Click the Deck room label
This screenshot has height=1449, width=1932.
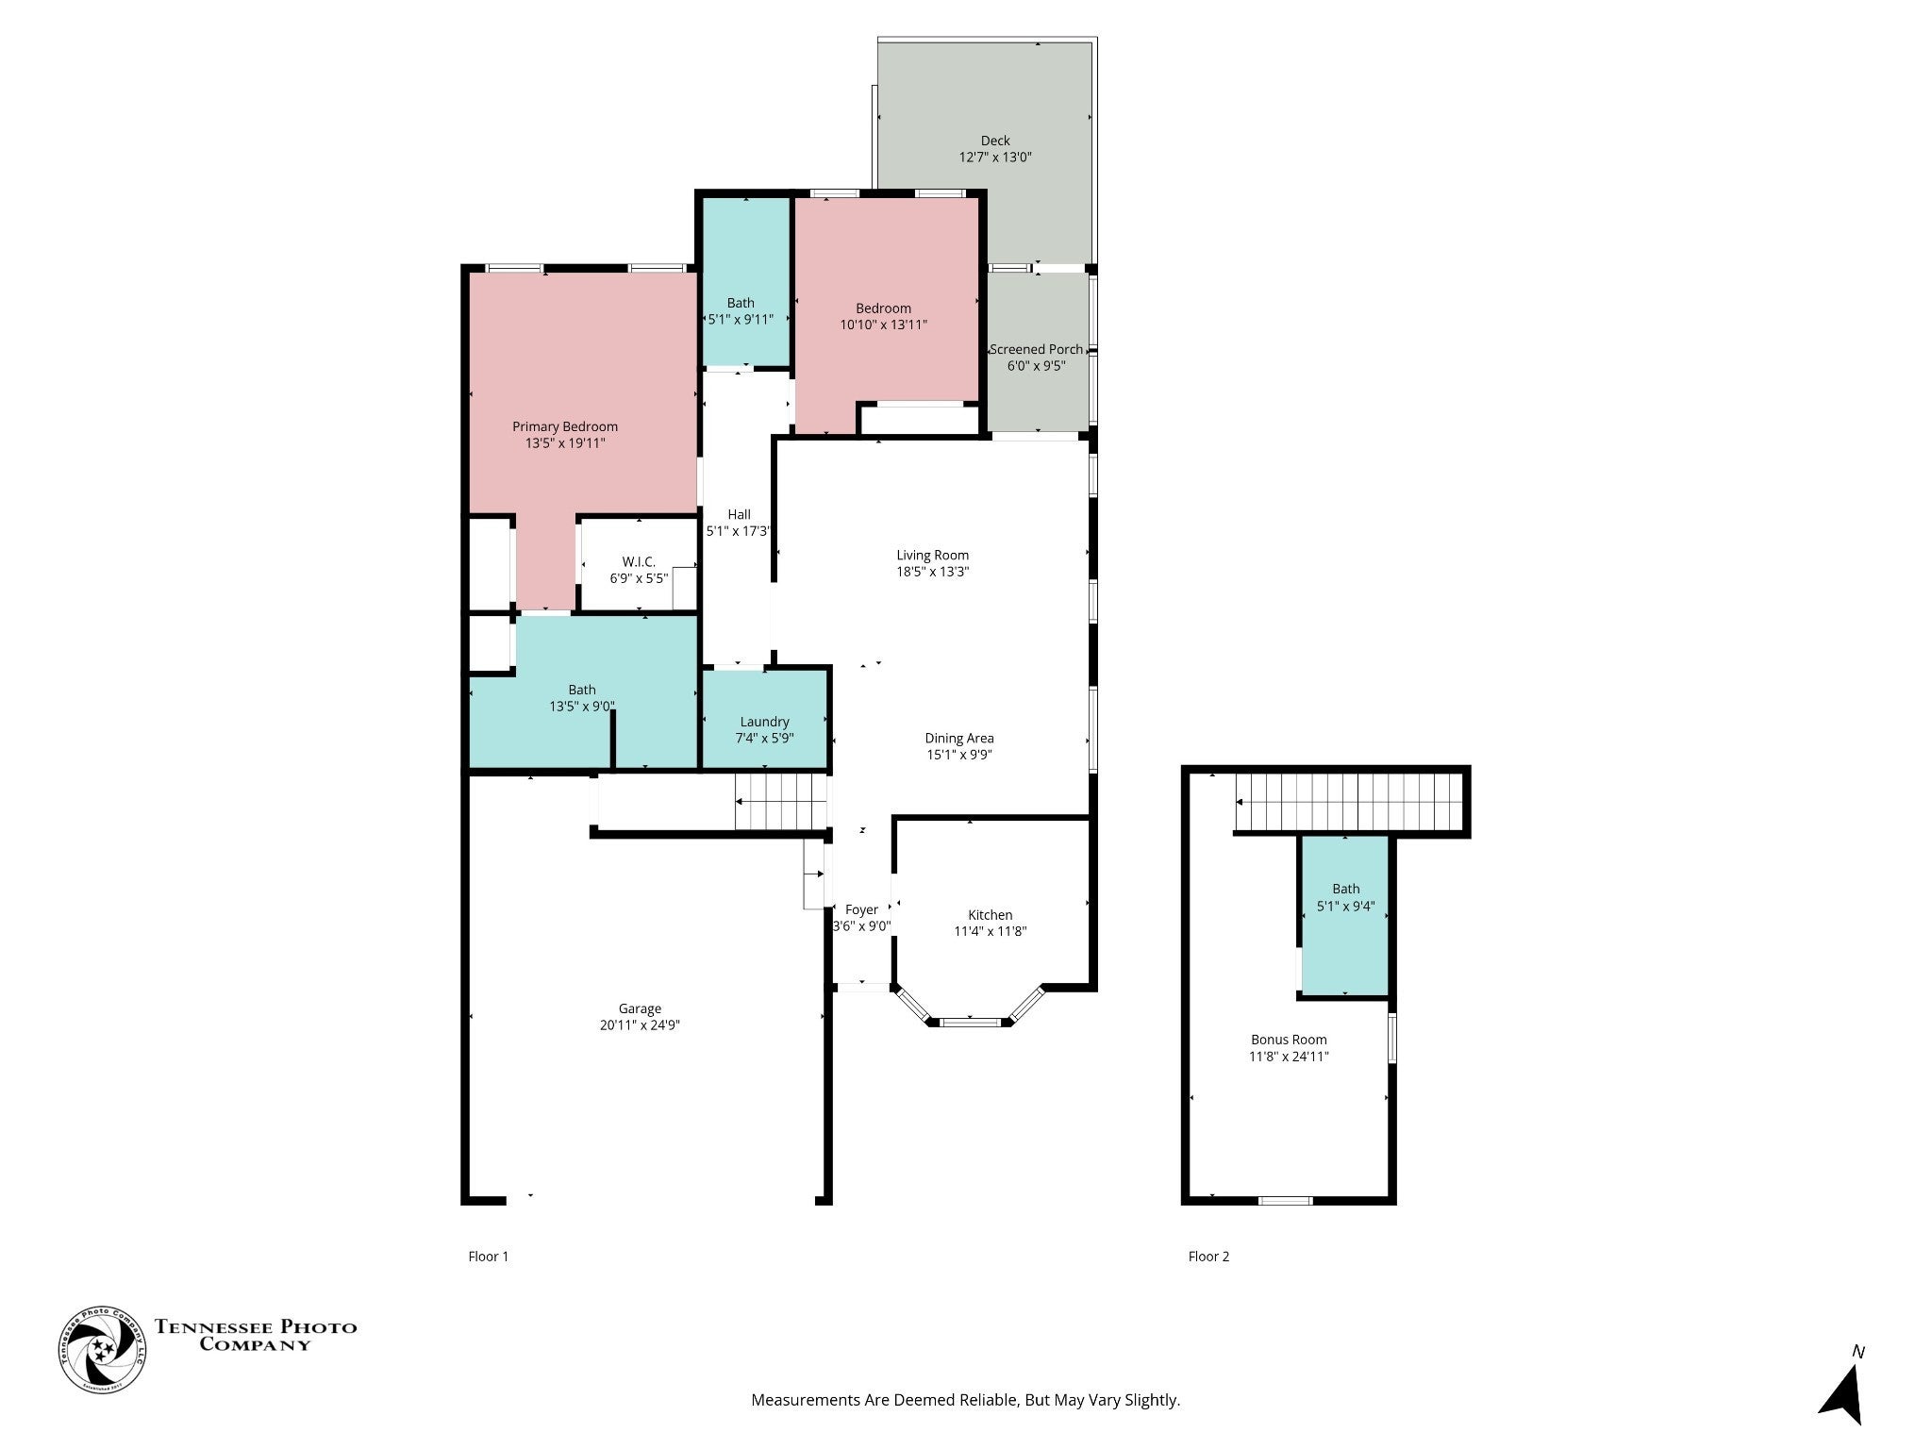(995, 141)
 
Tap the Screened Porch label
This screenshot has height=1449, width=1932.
(1036, 349)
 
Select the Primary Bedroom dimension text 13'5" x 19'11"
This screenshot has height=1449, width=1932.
(565, 442)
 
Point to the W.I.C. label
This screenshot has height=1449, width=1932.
(639, 561)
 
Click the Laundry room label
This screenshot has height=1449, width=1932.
(764, 722)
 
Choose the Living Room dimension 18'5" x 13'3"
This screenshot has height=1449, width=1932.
(933, 571)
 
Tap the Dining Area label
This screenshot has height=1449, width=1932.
(959, 738)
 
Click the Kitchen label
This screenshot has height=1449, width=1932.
(991, 914)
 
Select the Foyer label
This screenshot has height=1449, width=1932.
(861, 909)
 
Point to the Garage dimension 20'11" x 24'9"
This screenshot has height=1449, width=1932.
(640, 1025)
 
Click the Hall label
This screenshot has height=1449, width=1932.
(740, 514)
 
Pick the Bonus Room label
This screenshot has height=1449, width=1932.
(1289, 1040)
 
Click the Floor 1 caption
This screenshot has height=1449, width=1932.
(489, 1256)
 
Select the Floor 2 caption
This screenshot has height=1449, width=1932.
(1208, 1256)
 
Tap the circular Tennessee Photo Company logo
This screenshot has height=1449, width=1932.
(103, 1349)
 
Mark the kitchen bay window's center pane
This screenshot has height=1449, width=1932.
(971, 1022)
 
